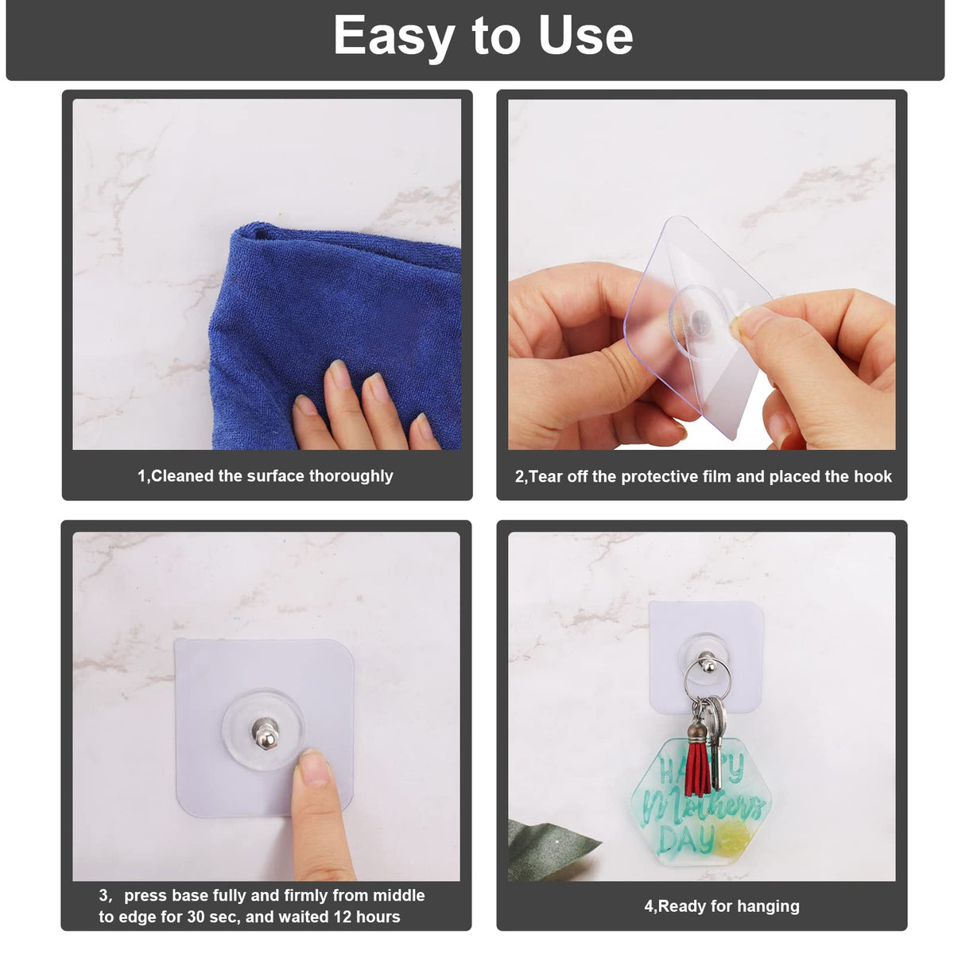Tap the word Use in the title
coord(586,35)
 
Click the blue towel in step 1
coord(327,327)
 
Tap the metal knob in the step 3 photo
coord(266,735)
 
